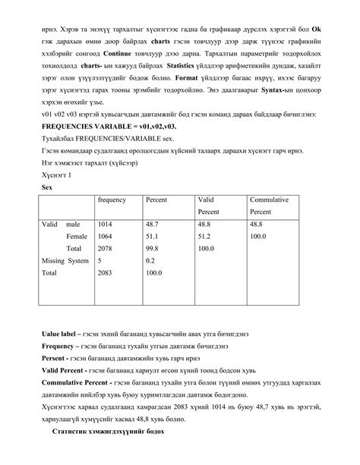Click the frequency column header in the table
pyautogui.click(x=112, y=199)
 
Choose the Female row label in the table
pyautogui.click(x=77, y=237)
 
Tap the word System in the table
pyautogui.click(x=78, y=260)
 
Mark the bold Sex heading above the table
pyautogui.click(x=47, y=185)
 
